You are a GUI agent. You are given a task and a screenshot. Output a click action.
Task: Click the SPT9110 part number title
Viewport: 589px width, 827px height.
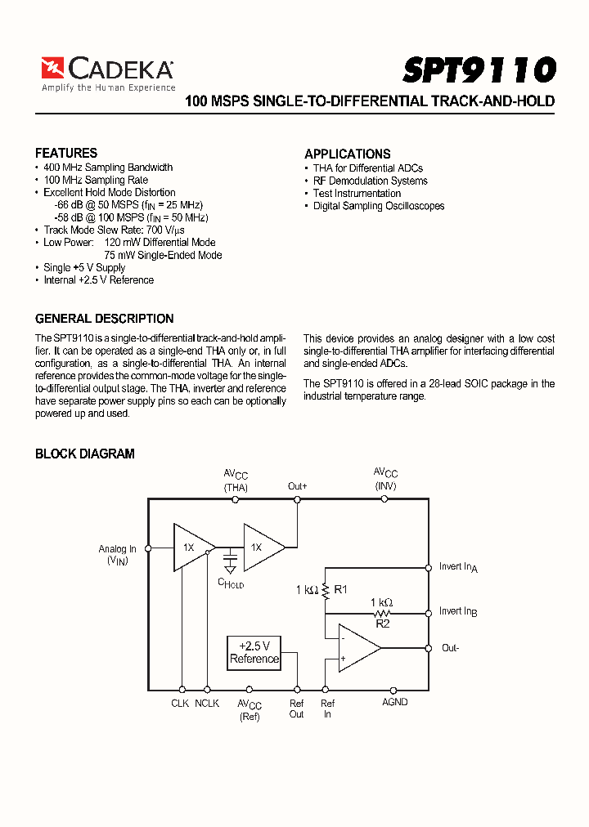[x=479, y=69]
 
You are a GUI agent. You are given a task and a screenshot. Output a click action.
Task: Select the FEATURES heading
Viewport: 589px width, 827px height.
[x=66, y=153]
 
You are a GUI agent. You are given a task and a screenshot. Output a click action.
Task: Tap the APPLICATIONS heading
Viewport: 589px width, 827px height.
[x=347, y=154]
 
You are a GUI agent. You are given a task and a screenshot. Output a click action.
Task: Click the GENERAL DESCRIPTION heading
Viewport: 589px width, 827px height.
[x=104, y=319]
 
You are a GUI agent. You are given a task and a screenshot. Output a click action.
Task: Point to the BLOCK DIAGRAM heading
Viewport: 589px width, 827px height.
[x=85, y=454]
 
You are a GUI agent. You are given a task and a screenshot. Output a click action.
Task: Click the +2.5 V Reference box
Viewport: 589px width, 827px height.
[x=254, y=651]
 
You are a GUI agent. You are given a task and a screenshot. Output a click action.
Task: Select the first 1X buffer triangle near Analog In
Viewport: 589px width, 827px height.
[x=191, y=548]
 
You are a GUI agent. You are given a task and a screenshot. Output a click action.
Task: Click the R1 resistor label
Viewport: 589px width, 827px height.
[x=341, y=588]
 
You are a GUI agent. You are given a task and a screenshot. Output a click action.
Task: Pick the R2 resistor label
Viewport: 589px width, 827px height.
[x=382, y=623]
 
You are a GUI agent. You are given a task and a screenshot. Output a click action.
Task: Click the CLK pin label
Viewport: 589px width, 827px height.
[x=180, y=703]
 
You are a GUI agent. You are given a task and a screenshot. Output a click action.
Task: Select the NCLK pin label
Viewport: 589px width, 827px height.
[x=207, y=703]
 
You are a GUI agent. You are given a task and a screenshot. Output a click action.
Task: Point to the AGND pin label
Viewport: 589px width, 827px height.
[x=394, y=702]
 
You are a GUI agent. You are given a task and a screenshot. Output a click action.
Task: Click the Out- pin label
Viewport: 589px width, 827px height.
[x=451, y=648]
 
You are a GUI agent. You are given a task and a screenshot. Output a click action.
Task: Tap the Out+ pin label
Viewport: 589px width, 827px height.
[x=297, y=486]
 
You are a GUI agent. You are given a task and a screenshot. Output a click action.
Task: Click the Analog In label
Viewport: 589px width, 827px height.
[x=118, y=549]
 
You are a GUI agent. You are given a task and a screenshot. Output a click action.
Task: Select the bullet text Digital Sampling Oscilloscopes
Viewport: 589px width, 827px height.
[x=379, y=206]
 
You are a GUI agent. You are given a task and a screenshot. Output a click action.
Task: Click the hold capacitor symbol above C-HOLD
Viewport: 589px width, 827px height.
[x=231, y=564]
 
